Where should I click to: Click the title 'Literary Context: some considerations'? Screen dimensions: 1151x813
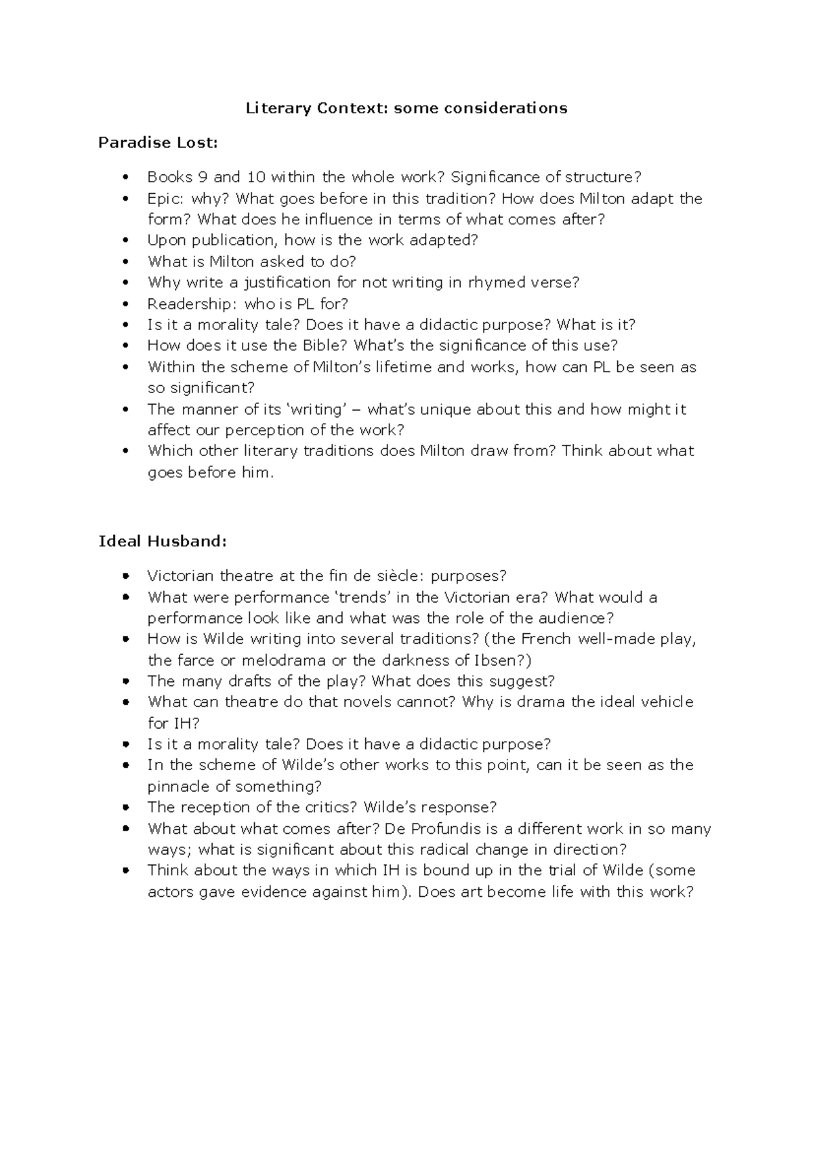coord(406,108)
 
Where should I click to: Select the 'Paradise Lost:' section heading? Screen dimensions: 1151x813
coord(159,142)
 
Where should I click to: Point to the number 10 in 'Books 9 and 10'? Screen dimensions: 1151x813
coord(257,177)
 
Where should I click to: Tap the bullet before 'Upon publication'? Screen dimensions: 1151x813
coord(125,241)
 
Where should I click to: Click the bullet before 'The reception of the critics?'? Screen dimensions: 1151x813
coord(125,807)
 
